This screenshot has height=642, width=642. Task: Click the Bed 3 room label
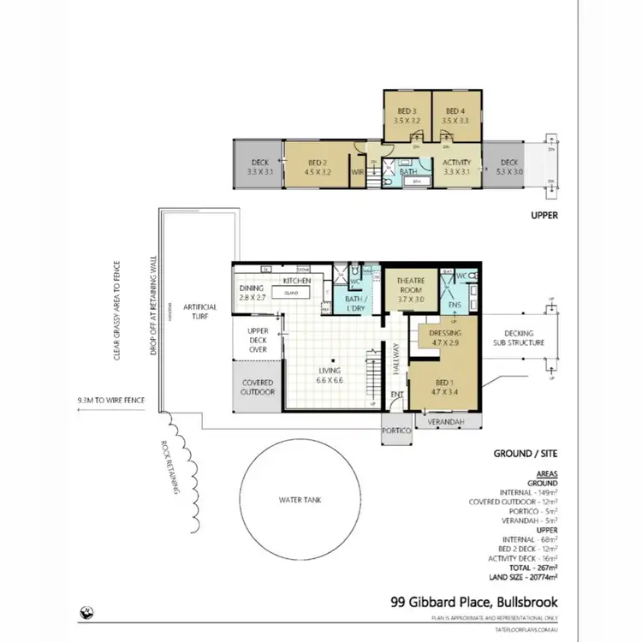(407, 116)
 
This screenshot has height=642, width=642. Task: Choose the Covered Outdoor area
(258, 387)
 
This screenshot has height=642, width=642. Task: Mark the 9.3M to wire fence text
(110, 400)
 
